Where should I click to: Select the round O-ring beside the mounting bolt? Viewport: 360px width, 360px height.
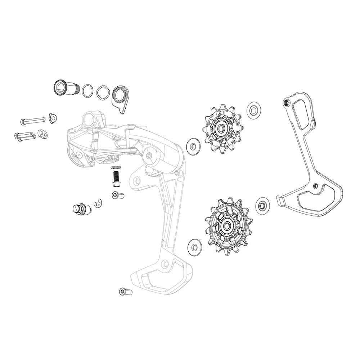(x=87, y=90)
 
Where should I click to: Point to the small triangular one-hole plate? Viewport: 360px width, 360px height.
(x=53, y=117)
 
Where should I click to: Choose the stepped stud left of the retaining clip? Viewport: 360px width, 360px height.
(x=80, y=208)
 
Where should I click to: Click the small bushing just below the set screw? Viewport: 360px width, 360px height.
(x=118, y=195)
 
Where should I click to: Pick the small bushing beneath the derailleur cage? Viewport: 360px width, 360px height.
(x=125, y=291)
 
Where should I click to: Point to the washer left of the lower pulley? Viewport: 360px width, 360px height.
(x=195, y=247)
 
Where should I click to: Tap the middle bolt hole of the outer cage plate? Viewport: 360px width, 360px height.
(x=315, y=186)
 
